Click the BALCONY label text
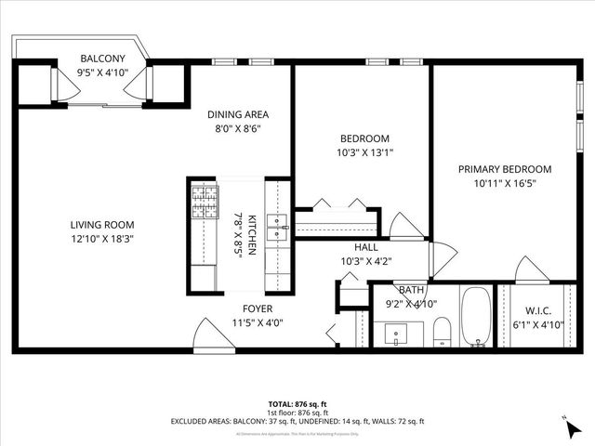103,58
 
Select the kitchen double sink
277,226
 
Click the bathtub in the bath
478,318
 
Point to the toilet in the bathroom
443,331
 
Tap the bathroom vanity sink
399,334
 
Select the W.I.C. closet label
538,311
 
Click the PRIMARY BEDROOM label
505,169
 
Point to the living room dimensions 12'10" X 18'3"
102,239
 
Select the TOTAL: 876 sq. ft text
297,404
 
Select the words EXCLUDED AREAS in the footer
199,421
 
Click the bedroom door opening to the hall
406,227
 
